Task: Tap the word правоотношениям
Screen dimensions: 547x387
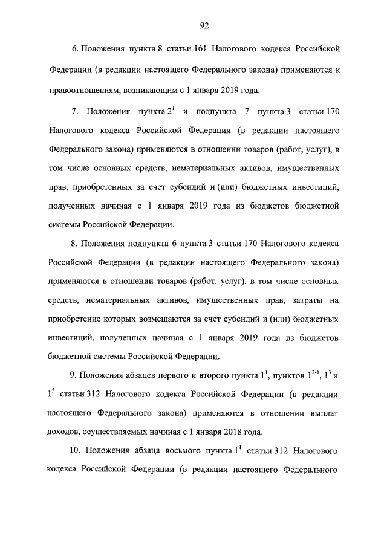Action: coord(83,91)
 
